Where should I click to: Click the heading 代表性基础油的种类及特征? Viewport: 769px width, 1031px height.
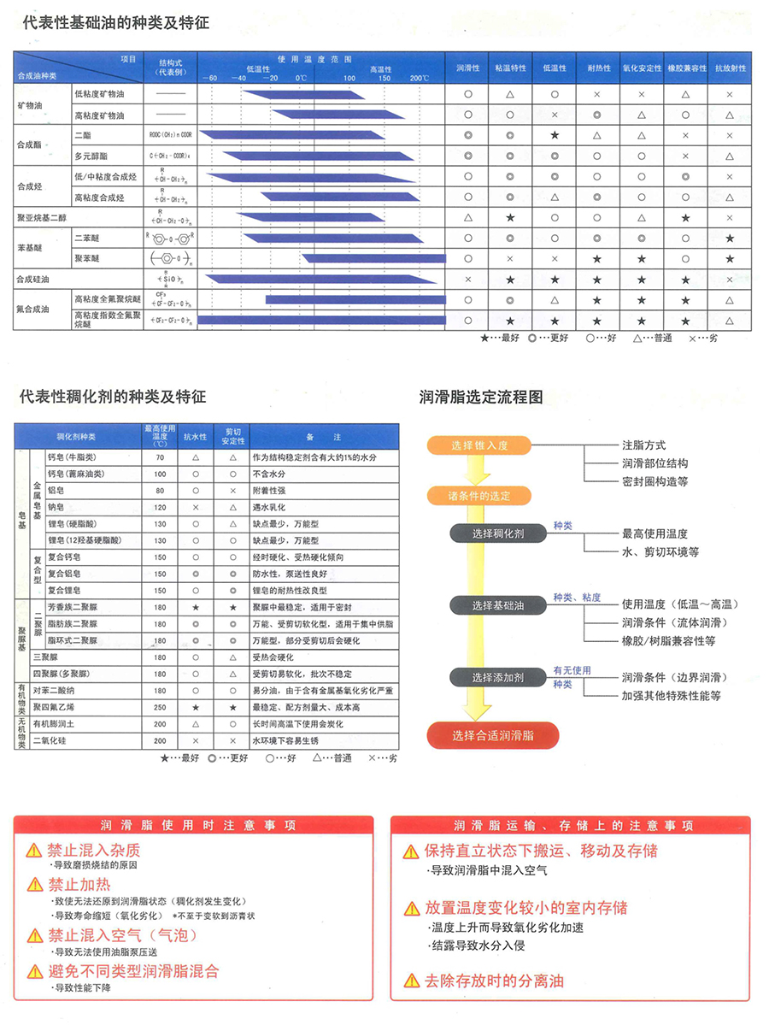114,24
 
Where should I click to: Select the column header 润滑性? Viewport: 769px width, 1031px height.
468,68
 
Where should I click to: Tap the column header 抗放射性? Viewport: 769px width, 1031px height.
730,68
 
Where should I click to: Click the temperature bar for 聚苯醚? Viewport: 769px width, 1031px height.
374,258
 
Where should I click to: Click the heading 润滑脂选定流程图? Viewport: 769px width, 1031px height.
481,397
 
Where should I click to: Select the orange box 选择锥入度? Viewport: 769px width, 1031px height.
479,445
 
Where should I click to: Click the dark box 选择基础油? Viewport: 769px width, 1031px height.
498,605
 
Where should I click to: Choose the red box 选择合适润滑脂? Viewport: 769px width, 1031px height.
493,735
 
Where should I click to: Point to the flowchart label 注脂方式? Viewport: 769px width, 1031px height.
644,445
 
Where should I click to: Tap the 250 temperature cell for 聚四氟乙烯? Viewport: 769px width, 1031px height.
160,708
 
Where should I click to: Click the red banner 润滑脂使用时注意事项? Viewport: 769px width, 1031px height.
194,826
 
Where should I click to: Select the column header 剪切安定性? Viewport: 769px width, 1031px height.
232,436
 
